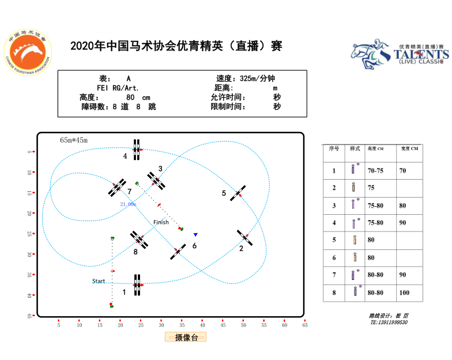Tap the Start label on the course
tap(99, 281)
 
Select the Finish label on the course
tap(161, 222)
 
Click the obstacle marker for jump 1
tap(137, 285)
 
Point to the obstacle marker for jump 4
tap(137, 150)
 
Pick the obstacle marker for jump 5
tap(238, 193)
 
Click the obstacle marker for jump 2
tap(244, 237)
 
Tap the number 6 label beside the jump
tap(194, 245)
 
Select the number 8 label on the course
tap(135, 252)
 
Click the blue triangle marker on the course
tap(195, 234)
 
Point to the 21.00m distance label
tap(127, 204)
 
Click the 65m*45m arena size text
tap(74, 140)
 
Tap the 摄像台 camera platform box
tap(186, 337)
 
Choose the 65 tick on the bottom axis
tap(305, 325)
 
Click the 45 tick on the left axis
tap(29, 316)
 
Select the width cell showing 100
tap(404, 293)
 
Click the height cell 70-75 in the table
tap(375, 170)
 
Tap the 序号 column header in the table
tap(334, 149)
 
